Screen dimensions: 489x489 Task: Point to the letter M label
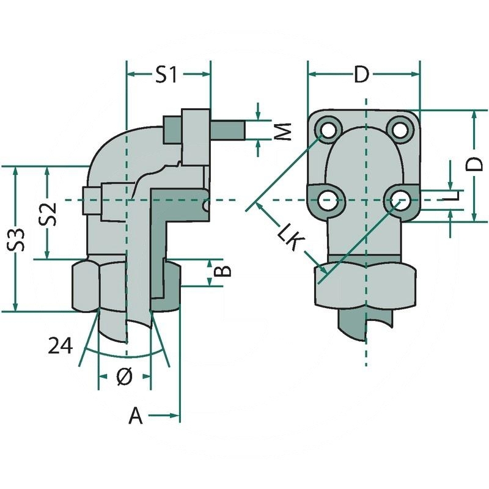[281, 130]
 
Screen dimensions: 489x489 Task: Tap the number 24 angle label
[61, 346]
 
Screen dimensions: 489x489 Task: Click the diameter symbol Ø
[123, 378]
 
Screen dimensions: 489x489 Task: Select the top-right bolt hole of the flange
[400, 129]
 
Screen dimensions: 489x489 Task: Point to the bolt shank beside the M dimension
[228, 130]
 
